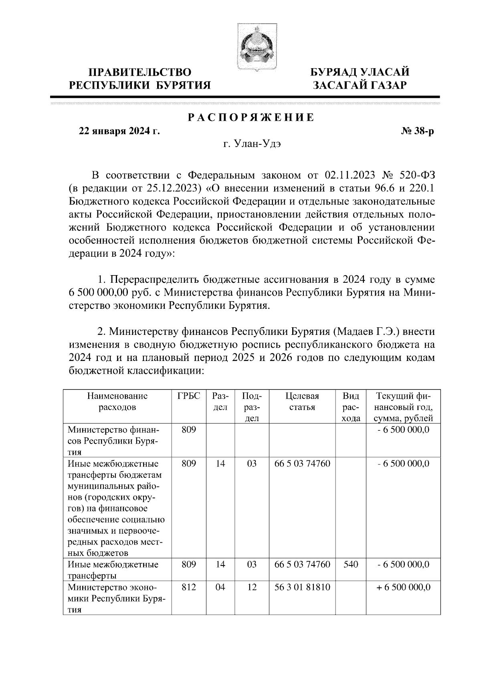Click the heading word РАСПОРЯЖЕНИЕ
click(x=251, y=118)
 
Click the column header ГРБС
click(x=188, y=396)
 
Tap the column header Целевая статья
click(x=302, y=402)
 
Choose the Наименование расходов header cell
click(x=117, y=402)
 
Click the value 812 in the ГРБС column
click(x=188, y=587)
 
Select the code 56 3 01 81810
click(x=302, y=587)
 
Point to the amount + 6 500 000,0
click(x=404, y=587)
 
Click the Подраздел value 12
click(x=251, y=587)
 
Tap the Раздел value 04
click(x=220, y=587)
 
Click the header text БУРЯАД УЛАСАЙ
click(x=360, y=73)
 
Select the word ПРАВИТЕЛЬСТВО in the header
click(x=140, y=73)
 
